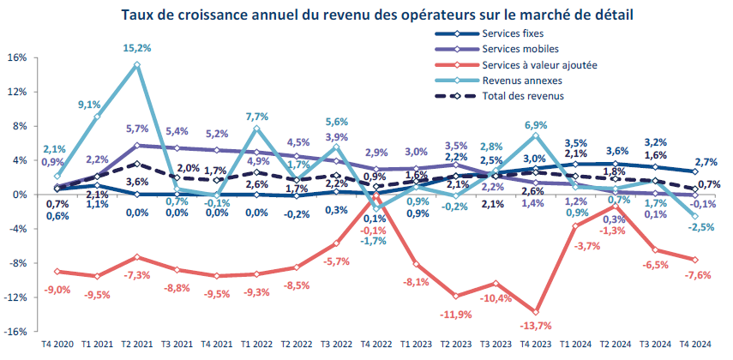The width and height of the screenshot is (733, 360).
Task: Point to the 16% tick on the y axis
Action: point(18,58)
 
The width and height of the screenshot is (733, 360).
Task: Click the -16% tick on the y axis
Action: point(16,332)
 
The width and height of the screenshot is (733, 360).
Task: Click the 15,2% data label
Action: point(136,48)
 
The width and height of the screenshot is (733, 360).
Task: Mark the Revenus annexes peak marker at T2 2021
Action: point(137,65)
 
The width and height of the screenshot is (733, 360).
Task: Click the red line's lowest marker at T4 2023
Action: point(536,312)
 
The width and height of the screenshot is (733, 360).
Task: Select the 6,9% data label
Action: point(536,126)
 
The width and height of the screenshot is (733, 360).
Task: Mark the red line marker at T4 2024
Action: point(694,260)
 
